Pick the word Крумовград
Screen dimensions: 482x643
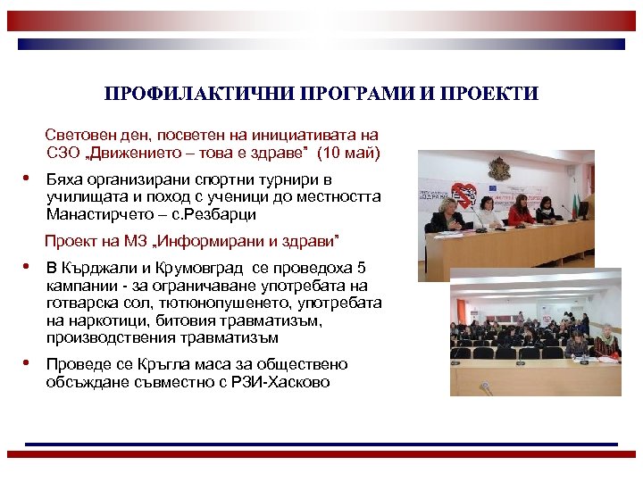coord(190,268)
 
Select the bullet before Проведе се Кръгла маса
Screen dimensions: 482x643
coord(29,363)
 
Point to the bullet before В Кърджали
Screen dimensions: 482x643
coord(29,267)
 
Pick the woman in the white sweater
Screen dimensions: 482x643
coord(487,213)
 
